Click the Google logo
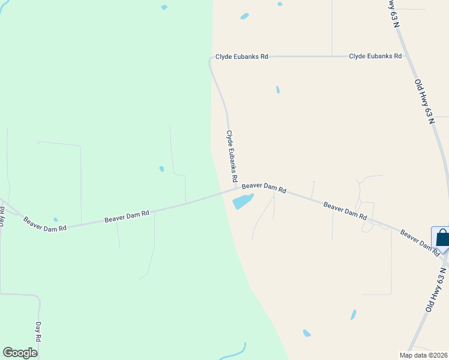point(20,353)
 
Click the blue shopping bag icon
point(442,238)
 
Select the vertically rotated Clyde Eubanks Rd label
point(232,157)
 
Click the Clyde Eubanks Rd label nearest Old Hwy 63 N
point(375,56)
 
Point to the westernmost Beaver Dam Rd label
point(44,223)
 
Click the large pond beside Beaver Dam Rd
point(243,201)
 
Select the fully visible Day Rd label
point(38,332)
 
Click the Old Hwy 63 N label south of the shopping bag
point(436,290)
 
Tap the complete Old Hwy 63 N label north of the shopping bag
point(424,101)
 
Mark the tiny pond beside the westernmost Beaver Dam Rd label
point(56,220)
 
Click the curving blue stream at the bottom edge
point(237,352)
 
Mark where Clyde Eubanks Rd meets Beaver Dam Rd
point(237,189)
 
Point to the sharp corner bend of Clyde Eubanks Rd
point(211,59)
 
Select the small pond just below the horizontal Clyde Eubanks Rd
point(277,89)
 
